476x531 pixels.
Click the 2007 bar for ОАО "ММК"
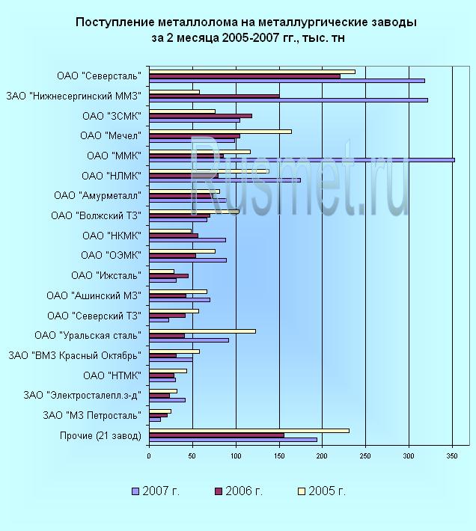[x=299, y=160]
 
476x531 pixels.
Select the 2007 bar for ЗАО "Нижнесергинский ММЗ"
[x=288, y=100]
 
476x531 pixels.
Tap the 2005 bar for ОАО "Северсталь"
[x=251, y=72]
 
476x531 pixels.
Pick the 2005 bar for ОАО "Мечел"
[x=220, y=132]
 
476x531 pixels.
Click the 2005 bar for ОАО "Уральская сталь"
[x=202, y=331]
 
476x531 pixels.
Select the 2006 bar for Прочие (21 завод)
[x=216, y=435]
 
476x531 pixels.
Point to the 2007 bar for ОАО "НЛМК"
[x=225, y=180]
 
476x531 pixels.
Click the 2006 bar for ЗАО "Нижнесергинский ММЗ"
[x=214, y=96]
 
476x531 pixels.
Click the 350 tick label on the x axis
[x=452, y=455]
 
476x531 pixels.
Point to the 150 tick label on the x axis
[x=278, y=455]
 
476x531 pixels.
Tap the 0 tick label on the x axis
[x=149, y=455]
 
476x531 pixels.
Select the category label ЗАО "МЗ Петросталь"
[x=91, y=415]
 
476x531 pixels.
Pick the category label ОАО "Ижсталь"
[x=106, y=275]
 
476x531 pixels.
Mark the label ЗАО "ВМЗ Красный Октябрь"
[x=74, y=355]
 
